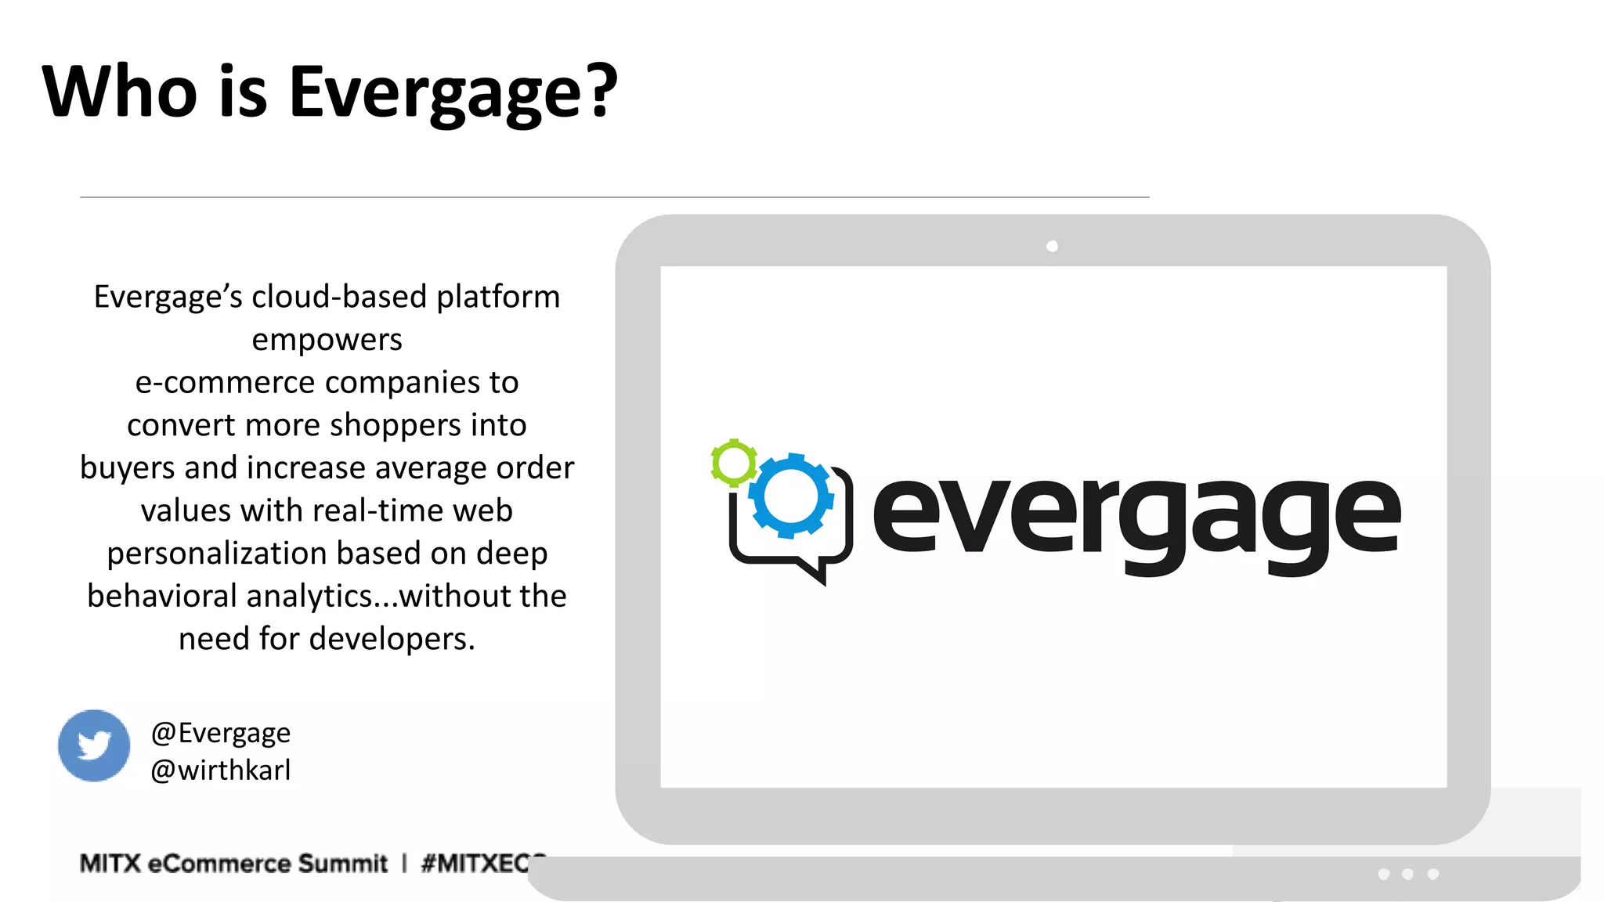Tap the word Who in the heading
[119, 92]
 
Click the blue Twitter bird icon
[94, 745]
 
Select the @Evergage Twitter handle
[220, 733]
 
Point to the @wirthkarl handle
[220, 770]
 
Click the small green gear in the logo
[734, 463]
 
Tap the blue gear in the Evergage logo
[791, 496]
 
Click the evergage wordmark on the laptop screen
[1136, 517]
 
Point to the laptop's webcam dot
[1052, 247]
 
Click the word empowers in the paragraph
[327, 340]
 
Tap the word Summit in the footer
[342, 863]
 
